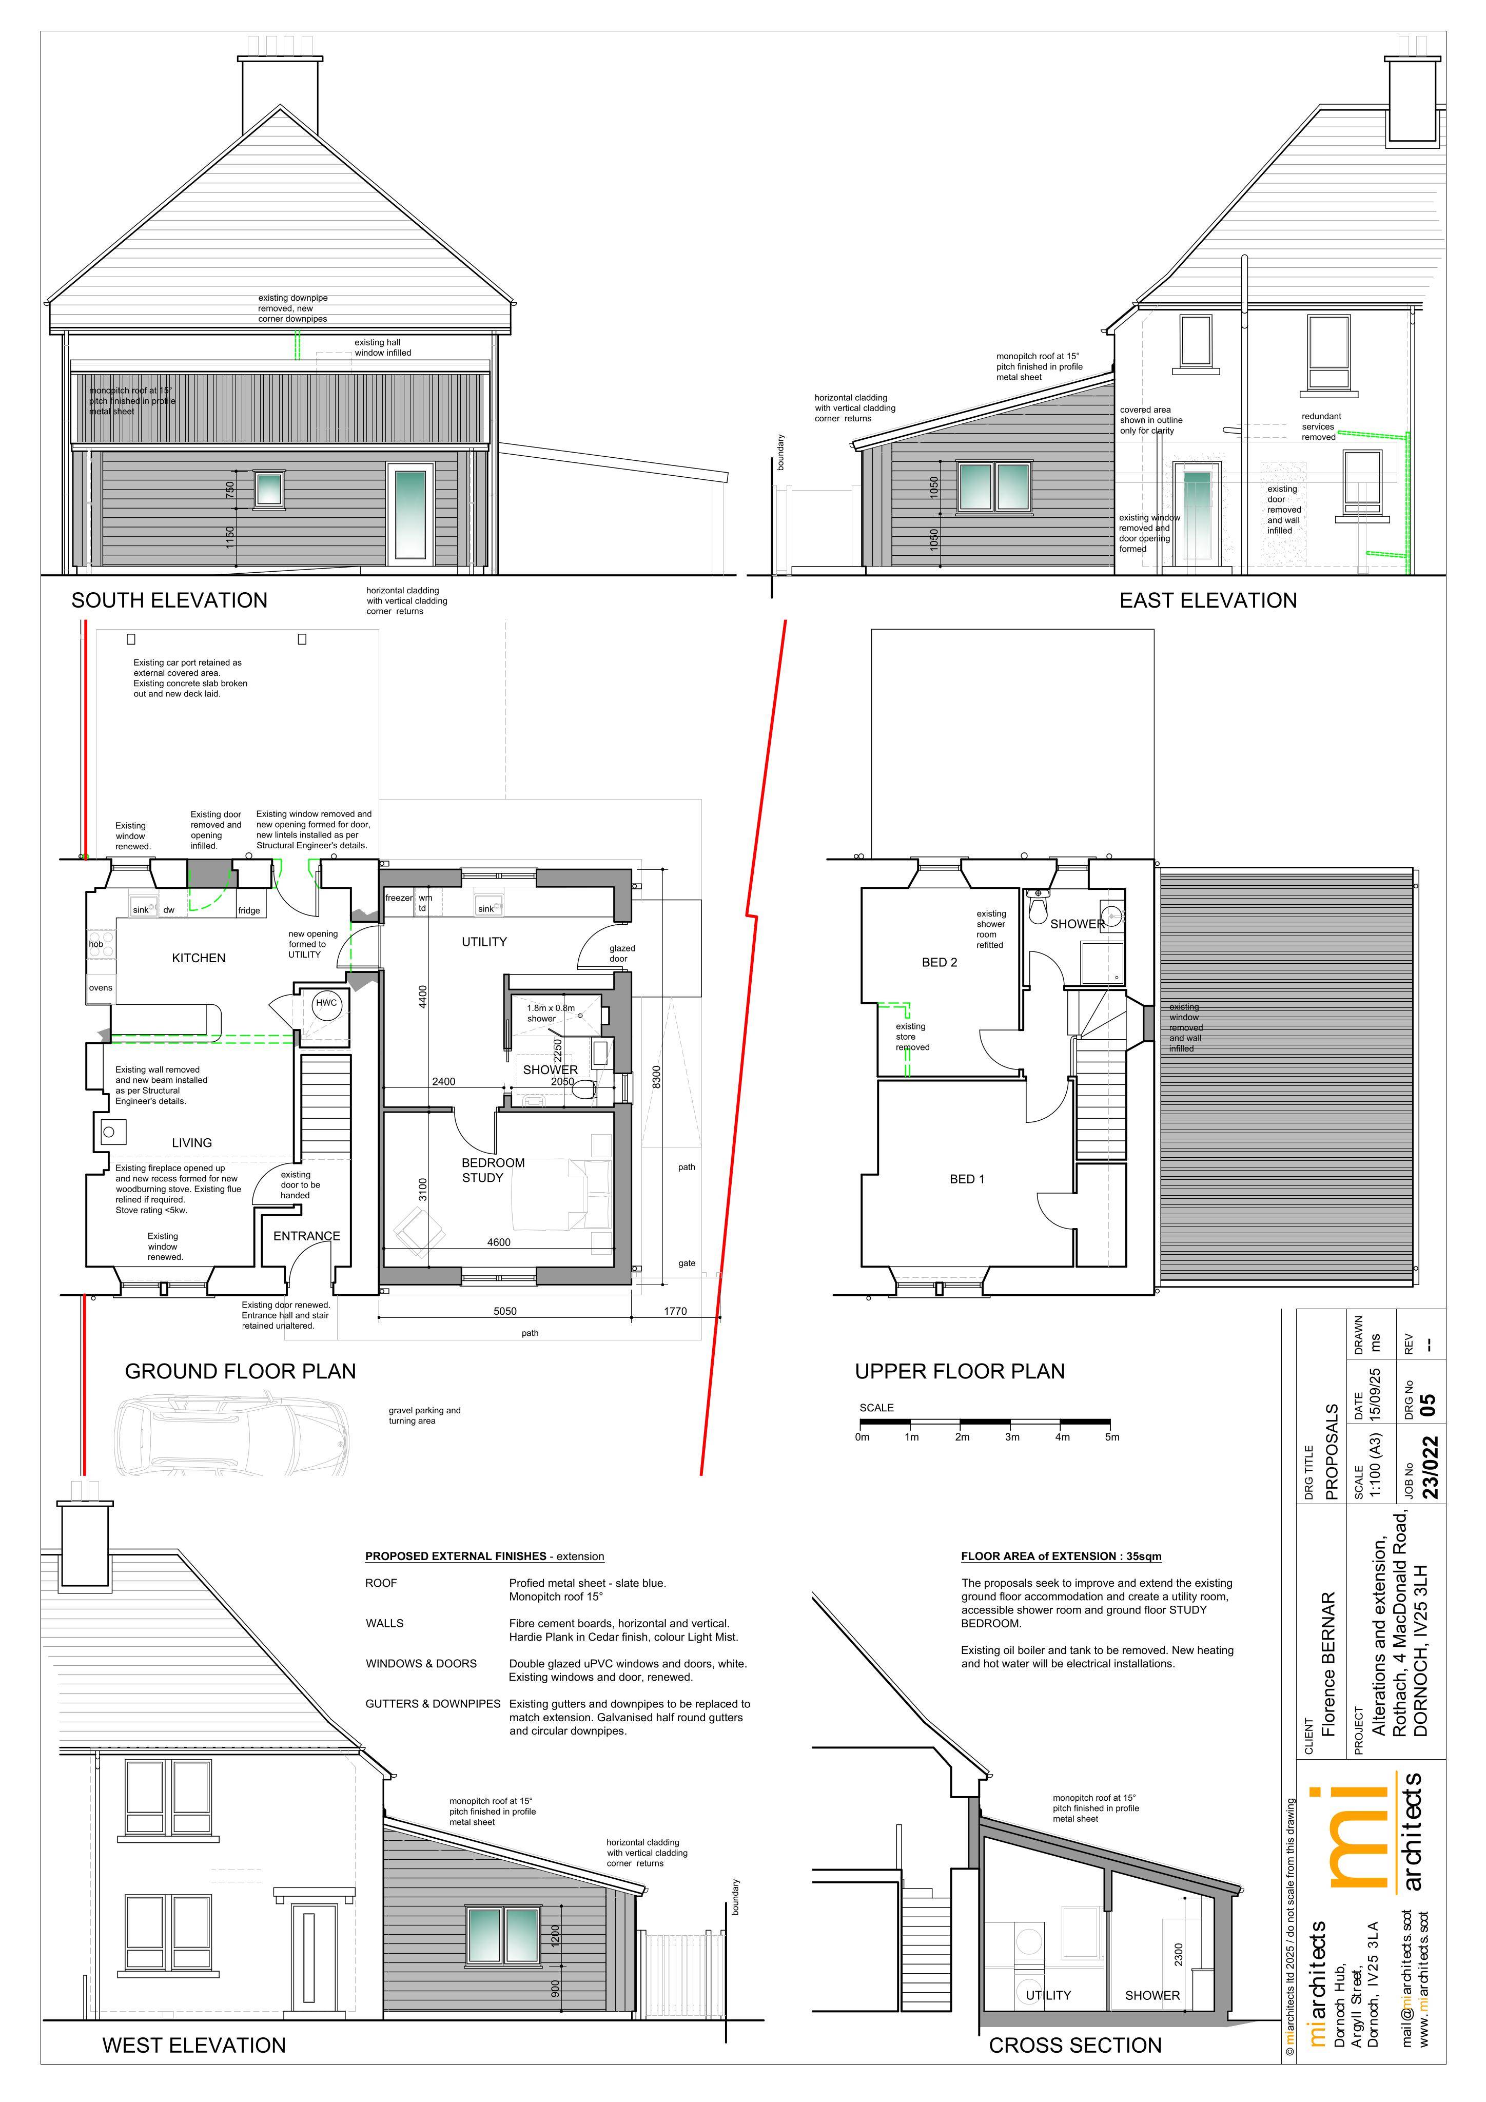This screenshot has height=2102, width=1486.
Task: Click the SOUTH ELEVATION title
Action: coord(169,600)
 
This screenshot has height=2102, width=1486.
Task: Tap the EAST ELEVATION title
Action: coord(1208,600)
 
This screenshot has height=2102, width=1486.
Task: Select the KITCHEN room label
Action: coord(199,958)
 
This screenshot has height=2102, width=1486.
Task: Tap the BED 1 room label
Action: coord(967,1179)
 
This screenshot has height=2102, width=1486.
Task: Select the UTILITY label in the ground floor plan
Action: coord(484,941)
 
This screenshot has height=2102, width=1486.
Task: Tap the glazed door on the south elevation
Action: coord(409,512)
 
